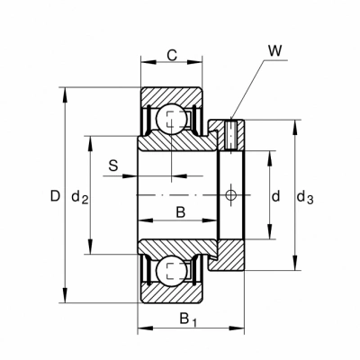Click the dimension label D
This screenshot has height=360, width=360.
tap(55, 196)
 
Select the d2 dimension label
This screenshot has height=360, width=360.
tap(79, 197)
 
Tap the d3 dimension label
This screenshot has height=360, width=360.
tap(305, 197)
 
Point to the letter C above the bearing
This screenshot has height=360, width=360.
tap(172, 55)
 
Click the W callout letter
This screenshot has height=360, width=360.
tap(274, 51)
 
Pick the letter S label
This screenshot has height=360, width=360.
tap(113, 166)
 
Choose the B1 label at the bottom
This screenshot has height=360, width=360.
tap(188, 319)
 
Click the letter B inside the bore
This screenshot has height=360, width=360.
tap(181, 212)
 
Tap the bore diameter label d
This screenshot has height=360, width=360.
tap(275, 196)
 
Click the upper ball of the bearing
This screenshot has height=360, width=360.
tap(171, 120)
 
